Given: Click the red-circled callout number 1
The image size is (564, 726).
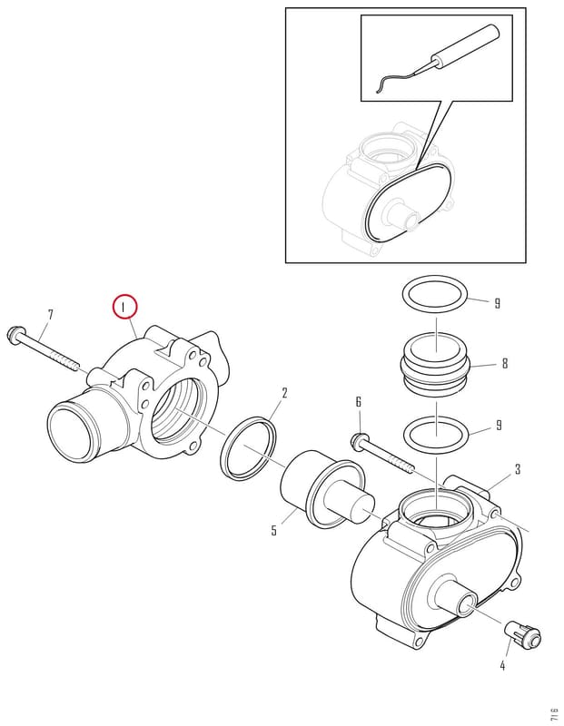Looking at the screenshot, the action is click(x=124, y=307).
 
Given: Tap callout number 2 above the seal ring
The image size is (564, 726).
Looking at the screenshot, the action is click(x=284, y=393).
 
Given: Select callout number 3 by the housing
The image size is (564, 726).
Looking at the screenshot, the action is click(x=518, y=469).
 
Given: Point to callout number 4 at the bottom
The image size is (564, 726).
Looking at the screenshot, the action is click(x=502, y=666).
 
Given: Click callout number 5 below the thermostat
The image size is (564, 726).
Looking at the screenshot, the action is click(x=274, y=530).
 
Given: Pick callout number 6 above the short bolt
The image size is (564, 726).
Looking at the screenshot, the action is click(x=358, y=402).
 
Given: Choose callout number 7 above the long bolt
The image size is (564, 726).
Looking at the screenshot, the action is click(x=51, y=315).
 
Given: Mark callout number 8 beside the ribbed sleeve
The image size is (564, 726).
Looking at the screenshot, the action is click(x=505, y=364).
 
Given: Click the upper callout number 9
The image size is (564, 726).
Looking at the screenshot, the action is click(x=498, y=303).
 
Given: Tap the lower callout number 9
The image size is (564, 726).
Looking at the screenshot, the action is click(x=499, y=425).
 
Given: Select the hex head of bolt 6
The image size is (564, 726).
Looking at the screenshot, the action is click(x=359, y=440).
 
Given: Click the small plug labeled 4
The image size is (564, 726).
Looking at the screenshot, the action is click(x=523, y=633).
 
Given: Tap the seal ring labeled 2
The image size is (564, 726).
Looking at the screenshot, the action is click(x=249, y=448).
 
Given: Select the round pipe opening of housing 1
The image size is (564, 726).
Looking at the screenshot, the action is click(x=70, y=432).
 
